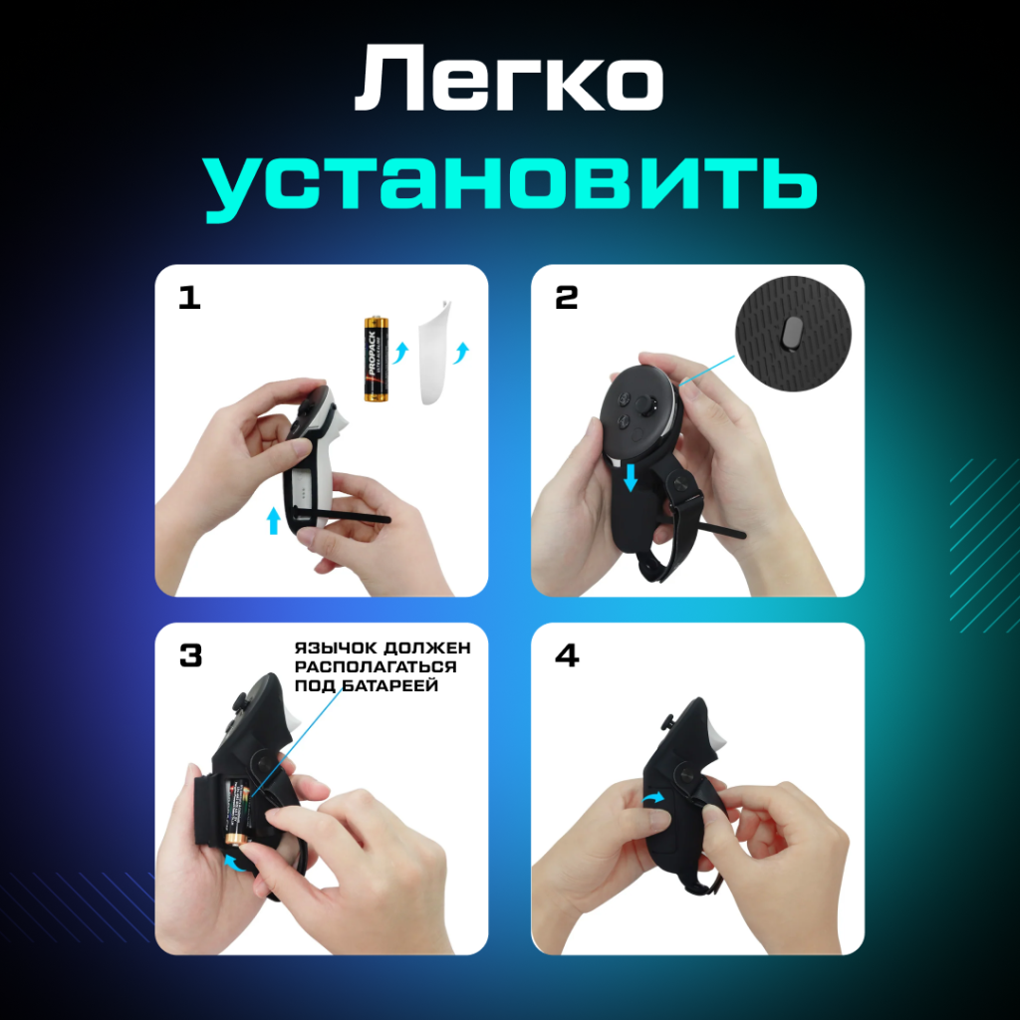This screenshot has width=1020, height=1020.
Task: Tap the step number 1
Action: click(x=188, y=298)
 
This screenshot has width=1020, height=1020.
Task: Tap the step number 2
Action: click(x=566, y=298)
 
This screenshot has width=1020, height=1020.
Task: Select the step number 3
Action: click(x=189, y=655)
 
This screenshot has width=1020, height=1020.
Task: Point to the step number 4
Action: click(x=567, y=656)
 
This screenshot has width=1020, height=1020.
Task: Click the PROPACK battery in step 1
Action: click(x=377, y=360)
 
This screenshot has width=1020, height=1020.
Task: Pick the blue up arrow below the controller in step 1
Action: click(x=274, y=520)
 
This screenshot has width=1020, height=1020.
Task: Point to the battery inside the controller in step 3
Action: click(x=235, y=809)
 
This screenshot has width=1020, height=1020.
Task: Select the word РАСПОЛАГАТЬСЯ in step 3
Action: click(x=375, y=666)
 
